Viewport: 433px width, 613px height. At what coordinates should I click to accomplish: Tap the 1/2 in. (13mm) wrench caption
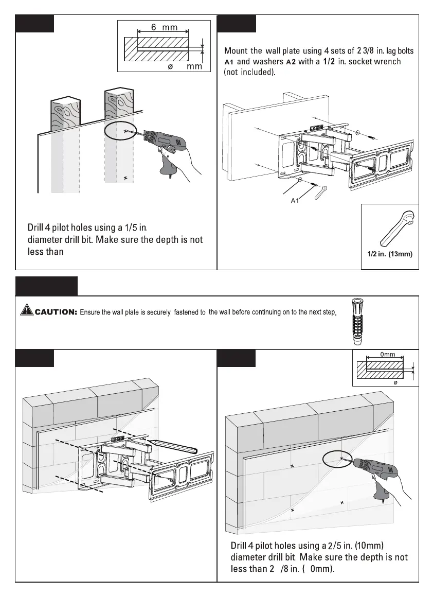[390, 253]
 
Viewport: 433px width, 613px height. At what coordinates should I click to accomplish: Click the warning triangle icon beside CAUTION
[27, 310]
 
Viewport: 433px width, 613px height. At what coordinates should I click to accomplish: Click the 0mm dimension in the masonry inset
[387, 355]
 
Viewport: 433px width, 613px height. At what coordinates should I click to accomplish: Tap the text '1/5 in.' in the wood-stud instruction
[136, 227]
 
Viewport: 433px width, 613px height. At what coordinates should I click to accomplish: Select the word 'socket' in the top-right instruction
[355, 62]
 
